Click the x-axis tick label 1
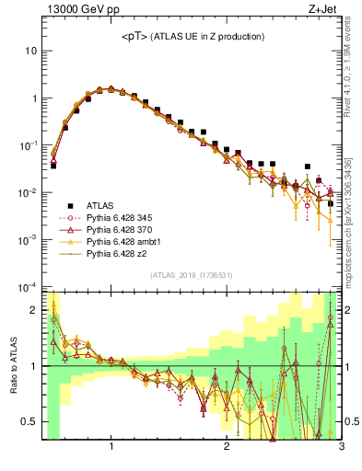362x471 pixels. [x=111, y=448]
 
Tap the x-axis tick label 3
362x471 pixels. [x=341, y=448]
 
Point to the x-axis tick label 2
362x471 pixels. [x=227, y=448]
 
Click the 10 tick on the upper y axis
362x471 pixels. [x=31, y=51]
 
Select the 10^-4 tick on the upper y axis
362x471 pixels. [x=29, y=287]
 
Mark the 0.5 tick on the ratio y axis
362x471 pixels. [x=29, y=421]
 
